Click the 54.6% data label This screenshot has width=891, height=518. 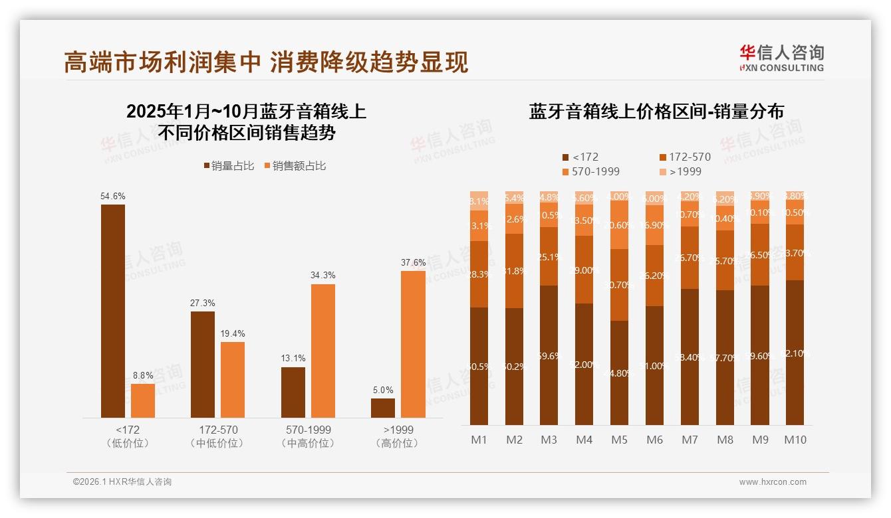click(113, 197)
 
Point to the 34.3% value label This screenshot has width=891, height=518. click(323, 275)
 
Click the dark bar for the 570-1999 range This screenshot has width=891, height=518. click(293, 392)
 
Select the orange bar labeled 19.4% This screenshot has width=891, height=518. click(233, 379)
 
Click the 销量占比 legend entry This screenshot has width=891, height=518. click(229, 166)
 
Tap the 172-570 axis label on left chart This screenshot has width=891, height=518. click(218, 430)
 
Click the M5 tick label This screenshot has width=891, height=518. click(619, 440)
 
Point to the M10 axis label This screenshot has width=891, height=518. click(795, 440)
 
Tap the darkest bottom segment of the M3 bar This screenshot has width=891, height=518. click(549, 355)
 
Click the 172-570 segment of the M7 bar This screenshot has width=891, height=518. click(690, 258)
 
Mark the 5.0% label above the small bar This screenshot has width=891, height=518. click(383, 390)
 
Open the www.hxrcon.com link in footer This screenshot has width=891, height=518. click(773, 482)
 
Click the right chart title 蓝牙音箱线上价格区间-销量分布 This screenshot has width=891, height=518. click(656, 112)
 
